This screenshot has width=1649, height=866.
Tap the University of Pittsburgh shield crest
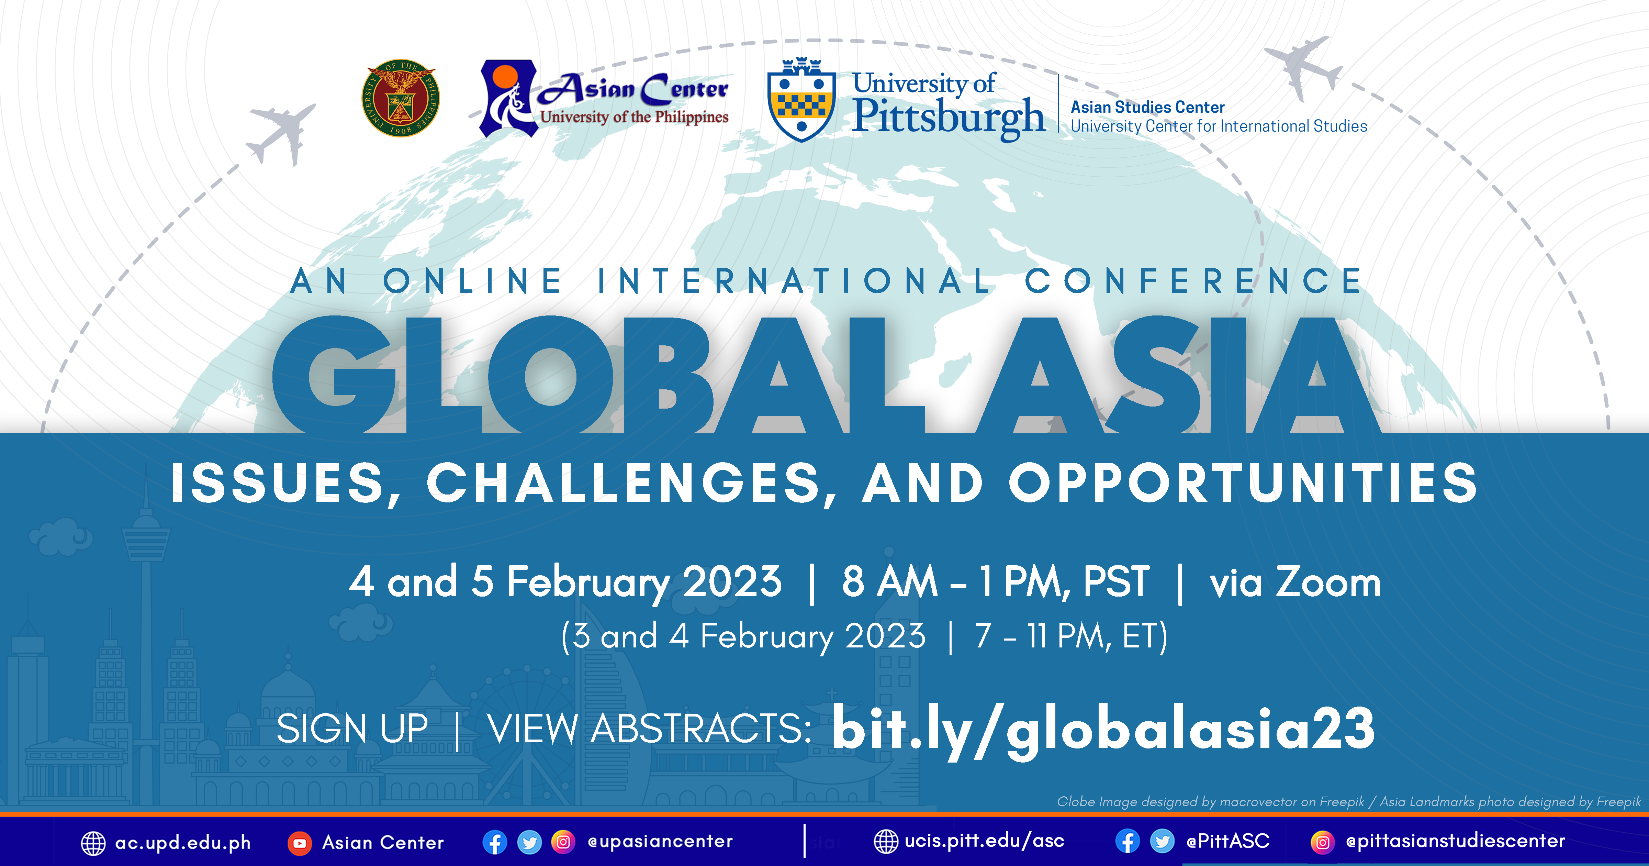click(x=801, y=100)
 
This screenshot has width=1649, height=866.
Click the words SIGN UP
click(x=352, y=729)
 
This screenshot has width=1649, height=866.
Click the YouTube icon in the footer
click(x=299, y=843)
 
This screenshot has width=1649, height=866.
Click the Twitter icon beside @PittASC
click(x=1162, y=841)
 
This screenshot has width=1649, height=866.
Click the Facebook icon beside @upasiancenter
click(x=495, y=842)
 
